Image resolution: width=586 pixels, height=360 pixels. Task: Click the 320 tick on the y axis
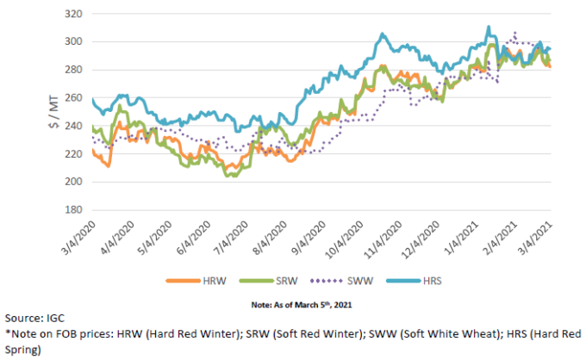[75, 15]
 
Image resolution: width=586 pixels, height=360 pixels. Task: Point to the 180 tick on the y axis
[75, 209]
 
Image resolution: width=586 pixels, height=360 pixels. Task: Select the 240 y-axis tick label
[75, 127]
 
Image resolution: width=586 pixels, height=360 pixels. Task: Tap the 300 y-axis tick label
[75, 42]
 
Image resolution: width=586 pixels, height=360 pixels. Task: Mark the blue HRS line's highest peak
[488, 28]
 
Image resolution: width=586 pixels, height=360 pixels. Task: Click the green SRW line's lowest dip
[228, 176]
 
